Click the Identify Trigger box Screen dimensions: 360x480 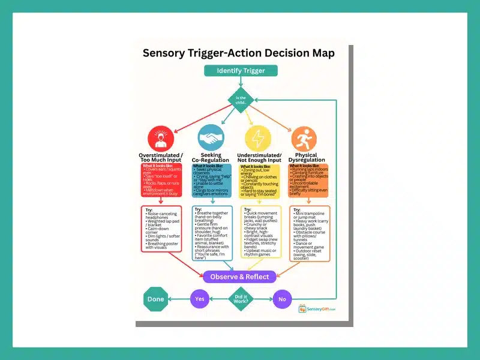(241, 71)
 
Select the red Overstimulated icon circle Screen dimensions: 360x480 (160, 137)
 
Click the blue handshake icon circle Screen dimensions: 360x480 (211, 137)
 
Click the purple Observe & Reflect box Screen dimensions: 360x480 (240, 277)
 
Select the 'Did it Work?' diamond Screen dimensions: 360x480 (241, 298)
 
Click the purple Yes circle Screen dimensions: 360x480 (200, 298)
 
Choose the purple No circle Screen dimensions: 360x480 (282, 298)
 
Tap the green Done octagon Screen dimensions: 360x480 (156, 298)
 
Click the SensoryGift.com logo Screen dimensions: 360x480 (317, 308)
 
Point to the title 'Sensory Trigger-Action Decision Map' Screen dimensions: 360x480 (238, 53)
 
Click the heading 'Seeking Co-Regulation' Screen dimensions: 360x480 (211, 157)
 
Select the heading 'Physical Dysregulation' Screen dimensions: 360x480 (306, 157)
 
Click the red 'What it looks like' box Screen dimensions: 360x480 (161, 181)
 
